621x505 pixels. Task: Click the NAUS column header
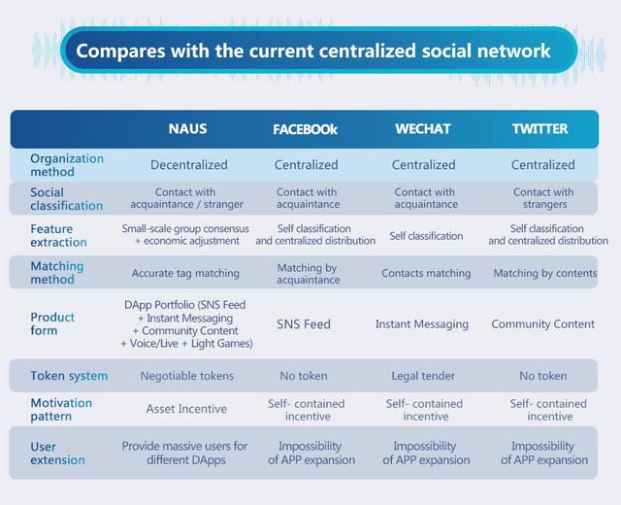coord(187,129)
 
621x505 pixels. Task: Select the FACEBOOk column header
coord(305,129)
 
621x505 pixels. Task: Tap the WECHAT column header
coord(423,129)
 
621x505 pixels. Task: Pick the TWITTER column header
coord(540,129)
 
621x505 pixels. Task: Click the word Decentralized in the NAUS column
coord(189,165)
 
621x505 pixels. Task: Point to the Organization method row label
coord(67,165)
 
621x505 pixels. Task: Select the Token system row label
coord(69,376)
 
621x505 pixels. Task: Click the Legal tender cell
coord(423,376)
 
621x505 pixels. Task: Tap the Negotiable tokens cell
coord(187,376)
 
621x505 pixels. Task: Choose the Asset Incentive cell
coord(186,409)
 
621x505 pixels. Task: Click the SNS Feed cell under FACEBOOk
coord(304,324)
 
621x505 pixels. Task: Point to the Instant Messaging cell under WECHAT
coord(422,324)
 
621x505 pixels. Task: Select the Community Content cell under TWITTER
coord(543,324)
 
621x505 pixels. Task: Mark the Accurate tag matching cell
coord(185,273)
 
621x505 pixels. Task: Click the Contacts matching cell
coord(426,273)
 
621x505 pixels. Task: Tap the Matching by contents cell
coord(545,273)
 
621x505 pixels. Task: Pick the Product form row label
coord(52,323)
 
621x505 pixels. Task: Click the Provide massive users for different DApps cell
coord(184,454)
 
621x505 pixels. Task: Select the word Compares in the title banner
coord(120,51)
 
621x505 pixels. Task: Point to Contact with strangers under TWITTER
coord(543,198)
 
